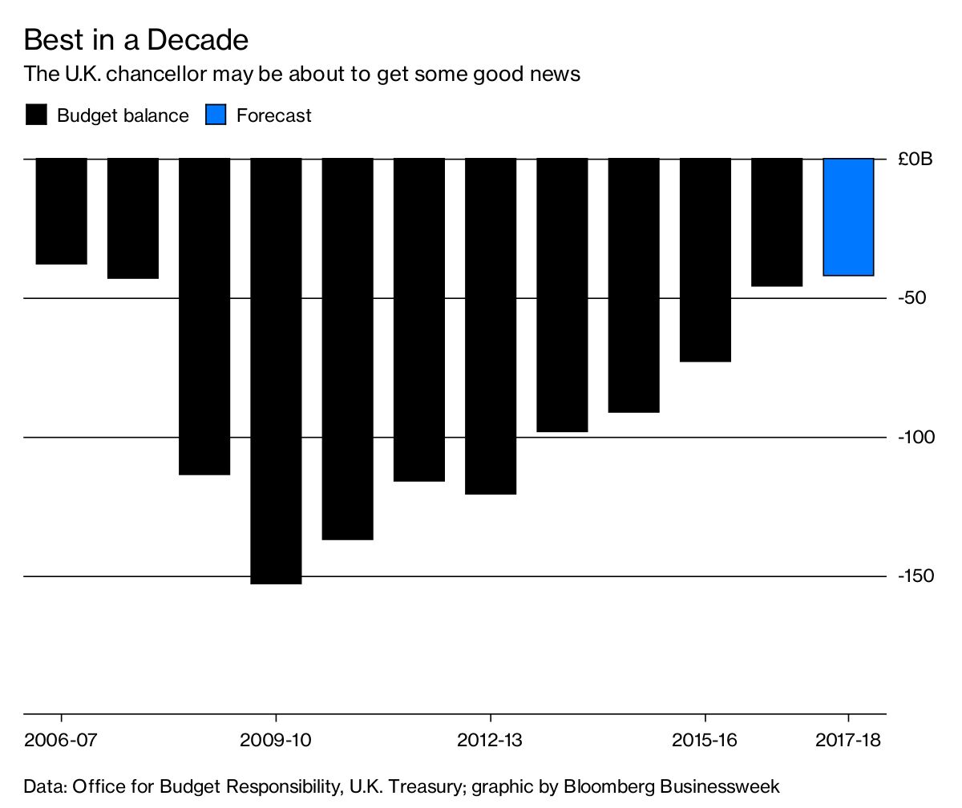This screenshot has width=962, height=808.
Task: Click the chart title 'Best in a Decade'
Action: pos(135,39)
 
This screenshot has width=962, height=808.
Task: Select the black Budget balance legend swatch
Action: pos(37,115)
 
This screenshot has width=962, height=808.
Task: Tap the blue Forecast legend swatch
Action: pos(216,115)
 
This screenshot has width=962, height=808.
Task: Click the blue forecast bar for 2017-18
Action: pos(848,216)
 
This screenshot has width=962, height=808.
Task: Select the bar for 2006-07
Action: pos(61,211)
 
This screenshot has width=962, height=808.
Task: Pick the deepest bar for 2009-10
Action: pos(276,370)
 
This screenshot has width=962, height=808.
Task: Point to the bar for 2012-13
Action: pos(491,325)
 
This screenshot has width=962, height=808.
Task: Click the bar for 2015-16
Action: pos(705,260)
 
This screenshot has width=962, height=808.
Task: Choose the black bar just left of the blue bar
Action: pos(777,222)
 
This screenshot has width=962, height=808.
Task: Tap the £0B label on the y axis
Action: pos(916,160)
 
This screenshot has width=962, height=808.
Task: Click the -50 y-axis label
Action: pos(911,298)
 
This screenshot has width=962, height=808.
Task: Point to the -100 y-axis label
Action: pos(915,437)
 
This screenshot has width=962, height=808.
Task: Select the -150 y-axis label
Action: pos(915,576)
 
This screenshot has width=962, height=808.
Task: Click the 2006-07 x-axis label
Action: pos(61,740)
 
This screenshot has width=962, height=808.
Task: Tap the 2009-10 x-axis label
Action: pos(276,740)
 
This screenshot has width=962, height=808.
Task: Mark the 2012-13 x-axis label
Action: pos(490,740)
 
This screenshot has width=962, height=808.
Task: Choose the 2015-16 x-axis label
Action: pos(705,740)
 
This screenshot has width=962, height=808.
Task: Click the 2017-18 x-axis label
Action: pos(848,740)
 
